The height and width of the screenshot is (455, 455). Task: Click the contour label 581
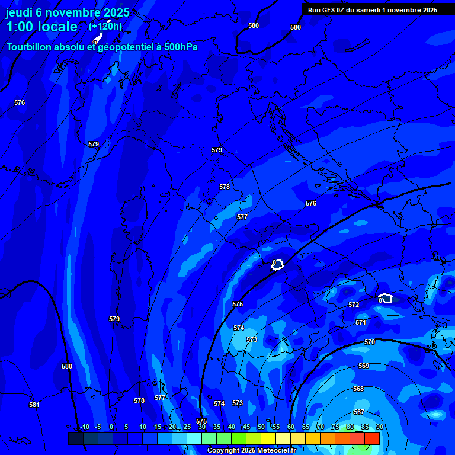coord(34,405)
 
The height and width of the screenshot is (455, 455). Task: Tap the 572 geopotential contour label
coord(354,305)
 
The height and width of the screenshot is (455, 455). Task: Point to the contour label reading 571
coord(361,322)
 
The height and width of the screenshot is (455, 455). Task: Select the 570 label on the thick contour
coord(370,342)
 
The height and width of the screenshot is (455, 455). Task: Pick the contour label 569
coord(364,366)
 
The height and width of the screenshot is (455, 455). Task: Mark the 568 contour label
coord(358,389)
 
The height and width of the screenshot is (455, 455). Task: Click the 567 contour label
coord(359,412)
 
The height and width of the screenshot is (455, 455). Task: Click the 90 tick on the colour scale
coord(379,427)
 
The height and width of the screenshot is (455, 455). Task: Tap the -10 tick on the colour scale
coord(85,427)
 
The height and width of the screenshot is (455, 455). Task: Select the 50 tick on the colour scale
coord(261,427)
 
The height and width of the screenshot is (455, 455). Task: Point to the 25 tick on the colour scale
coord(187,427)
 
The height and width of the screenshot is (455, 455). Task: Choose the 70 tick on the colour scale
coord(320,427)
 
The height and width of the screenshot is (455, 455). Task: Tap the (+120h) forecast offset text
coord(105,26)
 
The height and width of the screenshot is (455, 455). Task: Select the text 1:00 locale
coord(41,27)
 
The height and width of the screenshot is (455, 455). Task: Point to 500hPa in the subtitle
coord(177,47)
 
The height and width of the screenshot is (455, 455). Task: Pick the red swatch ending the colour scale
coord(371,438)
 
